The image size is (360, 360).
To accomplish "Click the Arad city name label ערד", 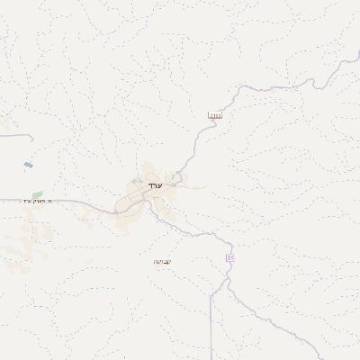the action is (156, 185).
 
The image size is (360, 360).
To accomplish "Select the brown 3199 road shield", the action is (214, 116).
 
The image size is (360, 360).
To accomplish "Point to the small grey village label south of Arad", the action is (162, 261).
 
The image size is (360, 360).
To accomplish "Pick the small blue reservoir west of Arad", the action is (28, 166).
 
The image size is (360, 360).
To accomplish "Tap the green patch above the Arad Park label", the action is (37, 193).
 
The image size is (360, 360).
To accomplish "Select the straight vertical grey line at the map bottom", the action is (212, 333).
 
